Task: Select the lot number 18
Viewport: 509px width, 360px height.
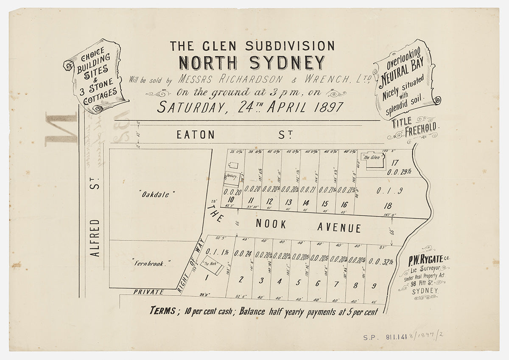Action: [x=387, y=206]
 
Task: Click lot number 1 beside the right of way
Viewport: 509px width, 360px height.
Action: [x=207, y=279]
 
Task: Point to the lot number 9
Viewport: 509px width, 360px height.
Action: [x=374, y=286]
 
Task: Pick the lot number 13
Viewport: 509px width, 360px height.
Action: [x=288, y=202]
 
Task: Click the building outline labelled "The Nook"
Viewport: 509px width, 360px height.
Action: [x=212, y=266]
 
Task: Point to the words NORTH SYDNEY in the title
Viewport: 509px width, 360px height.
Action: [x=252, y=63]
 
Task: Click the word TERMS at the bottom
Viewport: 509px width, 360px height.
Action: [x=162, y=310]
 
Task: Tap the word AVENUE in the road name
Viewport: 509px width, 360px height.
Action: [x=339, y=228]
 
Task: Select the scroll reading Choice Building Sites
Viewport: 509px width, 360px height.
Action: [x=95, y=76]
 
